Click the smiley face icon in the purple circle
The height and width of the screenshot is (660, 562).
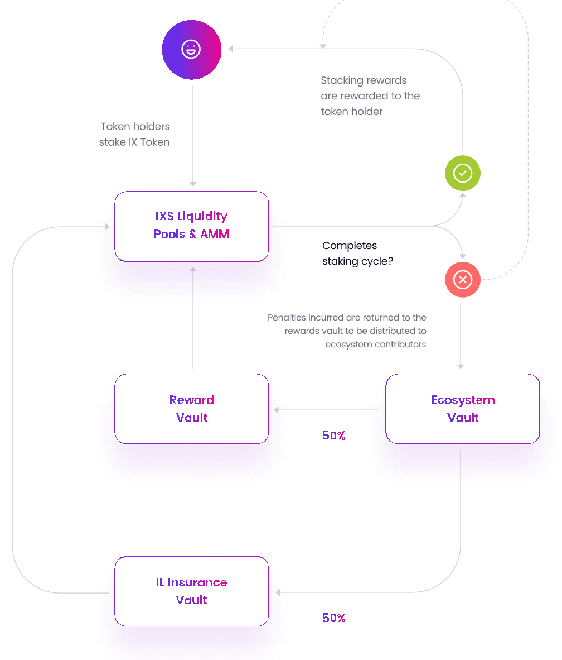pos(191,49)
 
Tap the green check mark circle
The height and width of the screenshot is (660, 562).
pos(462,173)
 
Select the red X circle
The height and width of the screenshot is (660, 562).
pos(462,280)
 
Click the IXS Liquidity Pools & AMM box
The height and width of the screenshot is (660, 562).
pos(191,226)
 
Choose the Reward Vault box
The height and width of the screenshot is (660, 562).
pos(191,409)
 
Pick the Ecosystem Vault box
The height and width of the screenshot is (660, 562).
pos(462,409)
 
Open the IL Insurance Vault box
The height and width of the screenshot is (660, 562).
pos(191,591)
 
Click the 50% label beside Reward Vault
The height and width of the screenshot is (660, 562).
pos(334,435)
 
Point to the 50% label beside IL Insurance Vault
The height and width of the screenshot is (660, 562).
pos(334,618)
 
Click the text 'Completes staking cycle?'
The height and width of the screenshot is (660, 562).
pos(358,254)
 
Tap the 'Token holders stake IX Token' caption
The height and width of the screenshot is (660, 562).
pos(134,134)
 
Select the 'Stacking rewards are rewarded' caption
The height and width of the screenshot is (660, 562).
pos(370,96)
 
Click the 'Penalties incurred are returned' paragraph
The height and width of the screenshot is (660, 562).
pos(347,331)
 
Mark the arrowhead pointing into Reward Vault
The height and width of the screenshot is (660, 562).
pos(277,409)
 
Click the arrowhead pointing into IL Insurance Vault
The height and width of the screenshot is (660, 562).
pos(278,592)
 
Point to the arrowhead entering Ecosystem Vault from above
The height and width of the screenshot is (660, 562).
pos(461,367)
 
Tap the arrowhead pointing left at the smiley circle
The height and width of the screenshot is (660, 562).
pos(231,49)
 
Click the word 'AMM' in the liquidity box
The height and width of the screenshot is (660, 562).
pos(215,234)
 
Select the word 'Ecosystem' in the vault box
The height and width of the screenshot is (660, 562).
pos(463,400)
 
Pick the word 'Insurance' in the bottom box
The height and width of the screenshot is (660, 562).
pos(197,582)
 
